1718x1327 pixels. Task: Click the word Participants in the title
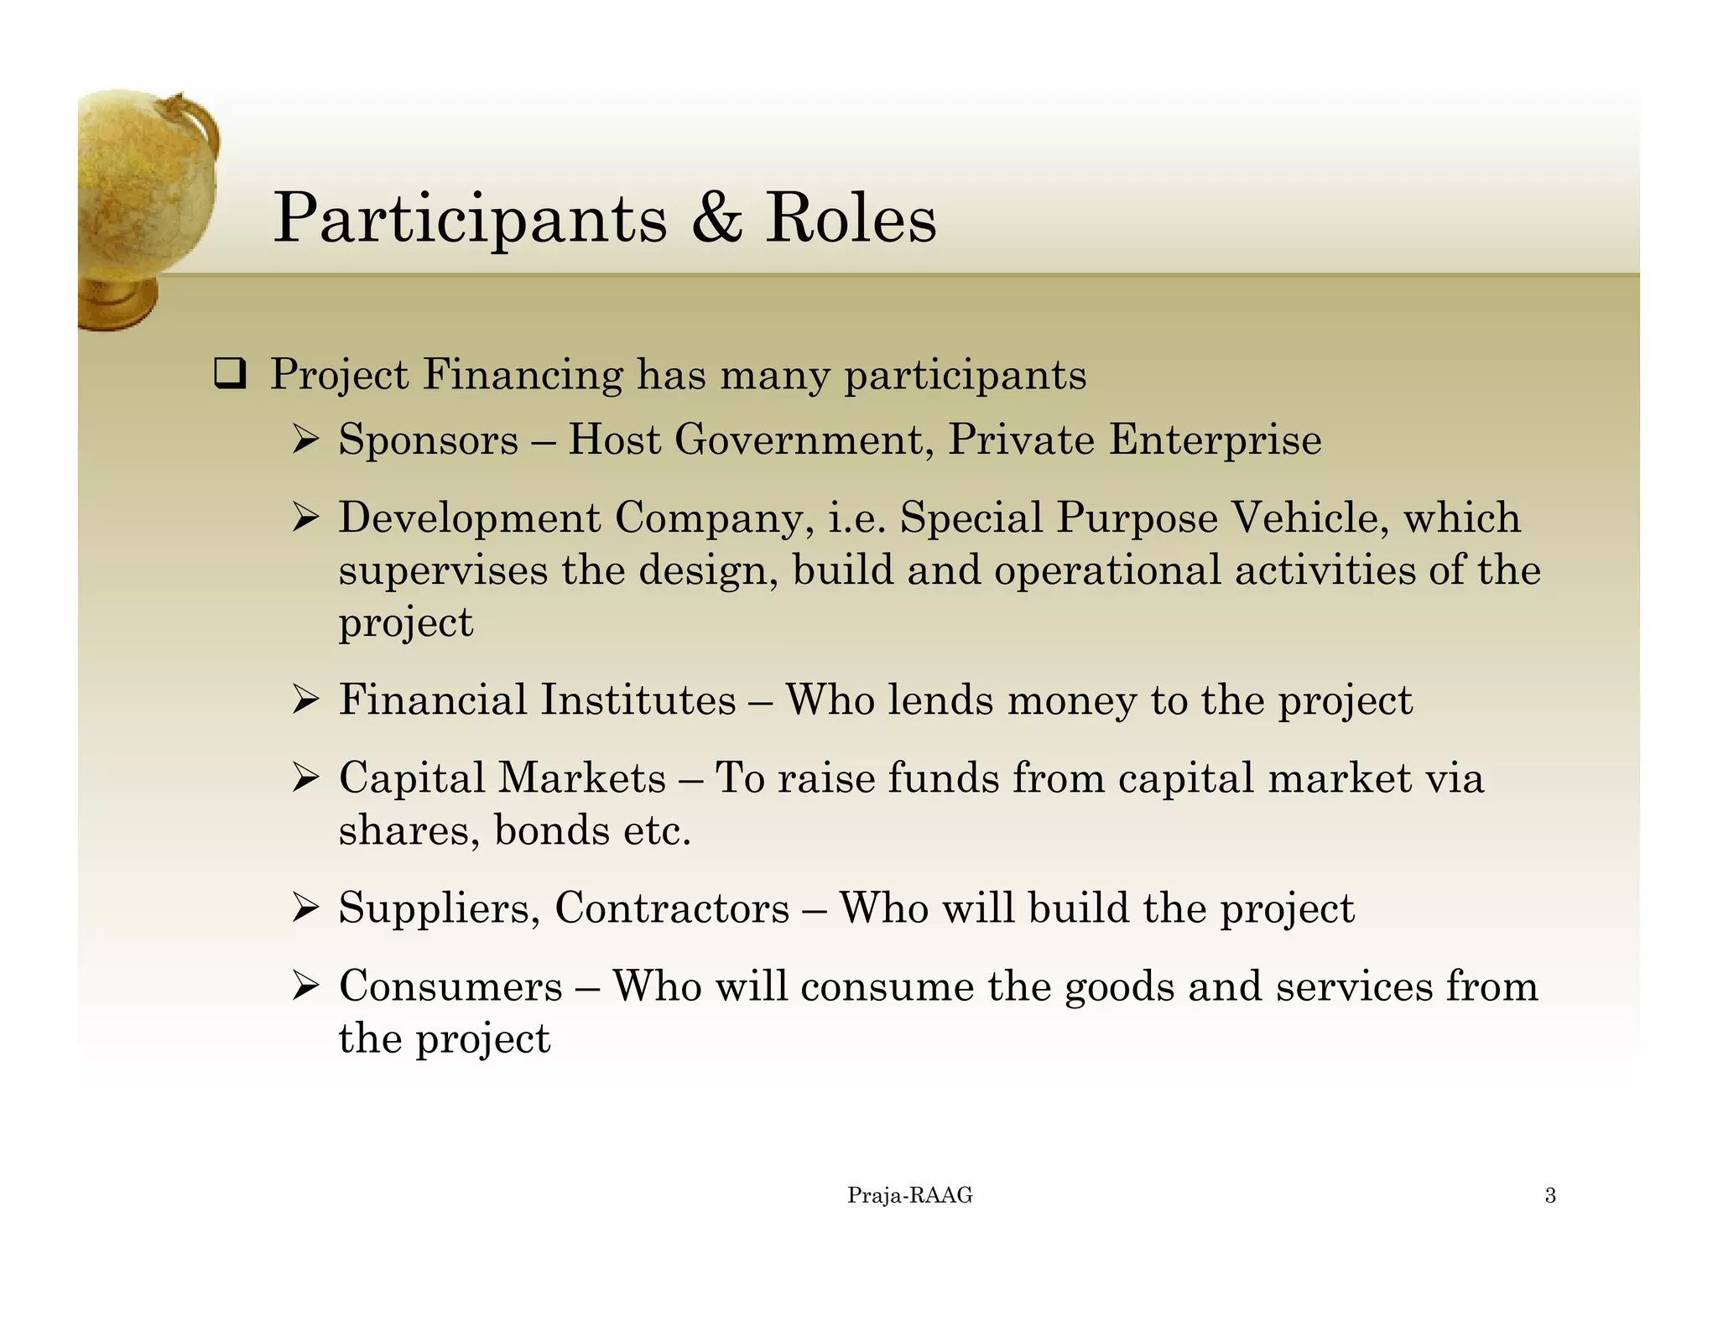470,220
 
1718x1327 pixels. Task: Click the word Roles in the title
850,218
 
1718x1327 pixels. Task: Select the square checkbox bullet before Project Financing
229,374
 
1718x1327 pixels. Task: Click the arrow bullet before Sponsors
305,440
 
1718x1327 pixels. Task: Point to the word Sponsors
428,440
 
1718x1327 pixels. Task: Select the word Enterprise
1215,440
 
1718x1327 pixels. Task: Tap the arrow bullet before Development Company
305,518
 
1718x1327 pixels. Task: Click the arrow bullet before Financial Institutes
305,700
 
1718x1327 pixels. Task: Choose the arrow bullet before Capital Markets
305,778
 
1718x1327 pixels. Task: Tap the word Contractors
672,908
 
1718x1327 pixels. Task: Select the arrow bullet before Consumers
305,986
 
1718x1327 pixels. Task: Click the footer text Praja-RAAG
909,1196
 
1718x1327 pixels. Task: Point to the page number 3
1550,1196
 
